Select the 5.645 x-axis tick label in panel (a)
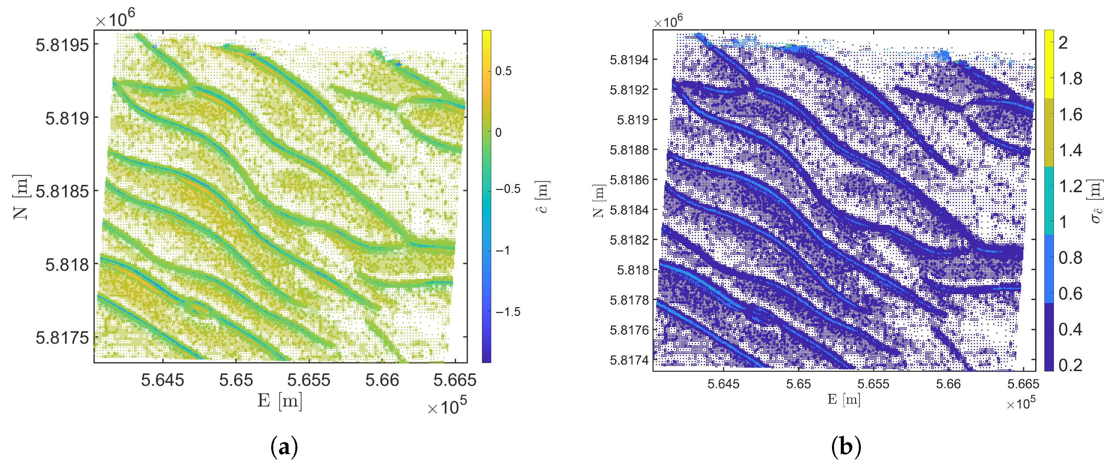pos(162,380)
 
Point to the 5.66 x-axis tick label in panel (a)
pos(382,380)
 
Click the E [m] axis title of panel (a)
pos(279,401)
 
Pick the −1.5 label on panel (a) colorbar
pos(508,312)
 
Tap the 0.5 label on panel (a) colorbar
pos(503,71)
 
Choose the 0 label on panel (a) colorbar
pos(499,132)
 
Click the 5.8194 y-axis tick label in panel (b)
pos(629,60)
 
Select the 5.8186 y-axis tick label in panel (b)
pos(629,180)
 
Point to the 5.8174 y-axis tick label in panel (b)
pos(629,360)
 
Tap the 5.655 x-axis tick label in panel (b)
pos(873,384)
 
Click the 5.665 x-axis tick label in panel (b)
pos(1023,384)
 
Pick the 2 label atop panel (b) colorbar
pos(1063,43)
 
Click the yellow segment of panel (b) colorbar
pos(1048,64)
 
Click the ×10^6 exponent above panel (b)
pos(668,21)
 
